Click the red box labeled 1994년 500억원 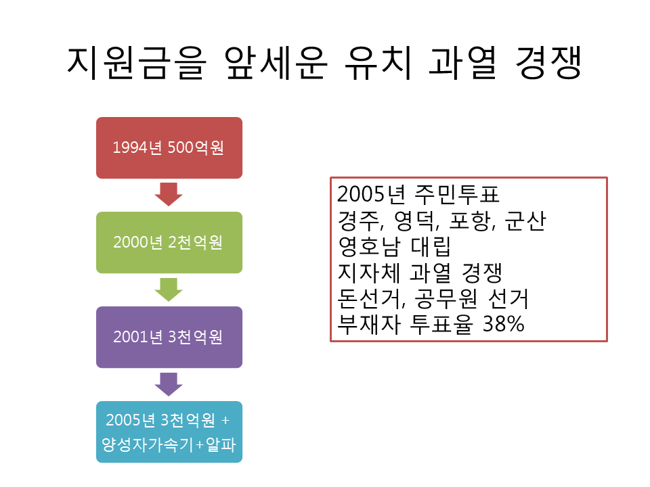click(x=169, y=147)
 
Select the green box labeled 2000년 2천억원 click(x=169, y=242)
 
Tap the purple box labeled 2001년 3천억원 click(x=169, y=337)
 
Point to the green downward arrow click(x=169, y=289)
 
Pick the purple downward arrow click(x=169, y=384)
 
